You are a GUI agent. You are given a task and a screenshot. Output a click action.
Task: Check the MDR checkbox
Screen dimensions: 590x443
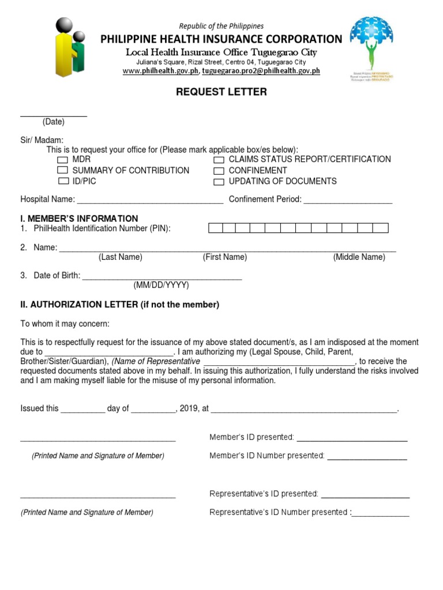[62, 160]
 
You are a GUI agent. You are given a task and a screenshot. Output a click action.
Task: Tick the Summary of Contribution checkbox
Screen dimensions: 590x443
[62, 171]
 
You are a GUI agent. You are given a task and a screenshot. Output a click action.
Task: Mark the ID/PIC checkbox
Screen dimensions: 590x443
[62, 181]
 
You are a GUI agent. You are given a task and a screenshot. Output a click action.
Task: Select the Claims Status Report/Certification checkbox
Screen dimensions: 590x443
[219, 160]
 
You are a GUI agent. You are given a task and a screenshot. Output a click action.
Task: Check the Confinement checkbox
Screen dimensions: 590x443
[219, 171]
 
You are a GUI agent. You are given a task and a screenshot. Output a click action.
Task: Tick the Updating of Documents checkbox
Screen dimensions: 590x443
[219, 182]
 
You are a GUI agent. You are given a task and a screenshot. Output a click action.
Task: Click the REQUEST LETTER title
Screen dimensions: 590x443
[221, 92]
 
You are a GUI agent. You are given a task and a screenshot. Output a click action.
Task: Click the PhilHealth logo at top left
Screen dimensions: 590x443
[70, 47]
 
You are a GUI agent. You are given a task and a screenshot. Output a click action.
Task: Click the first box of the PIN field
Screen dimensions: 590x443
[215, 229]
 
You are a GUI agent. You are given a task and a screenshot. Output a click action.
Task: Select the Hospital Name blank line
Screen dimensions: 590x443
[150, 201]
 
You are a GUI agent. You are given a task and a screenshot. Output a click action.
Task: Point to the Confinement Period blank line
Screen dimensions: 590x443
[348, 201]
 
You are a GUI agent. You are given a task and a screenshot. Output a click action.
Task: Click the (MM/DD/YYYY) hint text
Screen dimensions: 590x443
[162, 285]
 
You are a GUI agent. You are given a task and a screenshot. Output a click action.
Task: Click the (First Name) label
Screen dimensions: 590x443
[224, 257]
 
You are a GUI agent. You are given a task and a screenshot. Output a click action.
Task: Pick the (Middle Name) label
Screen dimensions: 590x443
[359, 257]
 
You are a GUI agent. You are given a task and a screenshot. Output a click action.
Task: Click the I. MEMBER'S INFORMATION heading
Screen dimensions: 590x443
[79, 218]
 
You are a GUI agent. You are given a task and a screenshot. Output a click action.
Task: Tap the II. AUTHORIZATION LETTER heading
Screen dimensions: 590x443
[120, 305]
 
